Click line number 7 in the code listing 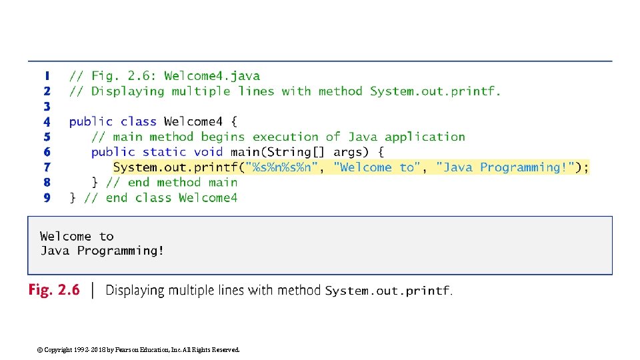click(47, 167)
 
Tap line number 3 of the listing click(47, 107)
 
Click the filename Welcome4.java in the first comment click(212, 76)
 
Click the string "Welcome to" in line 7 click(377, 167)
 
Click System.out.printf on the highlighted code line click(176, 167)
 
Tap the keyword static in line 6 click(165, 152)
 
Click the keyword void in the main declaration click(209, 152)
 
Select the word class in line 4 click(139, 122)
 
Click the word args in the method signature click(351, 152)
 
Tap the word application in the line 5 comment click(425, 137)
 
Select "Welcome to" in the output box click(77, 237)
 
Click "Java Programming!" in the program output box click(102, 251)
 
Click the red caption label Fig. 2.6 click(53, 290)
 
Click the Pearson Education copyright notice click(139, 349)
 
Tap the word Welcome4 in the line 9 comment click(208, 198)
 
